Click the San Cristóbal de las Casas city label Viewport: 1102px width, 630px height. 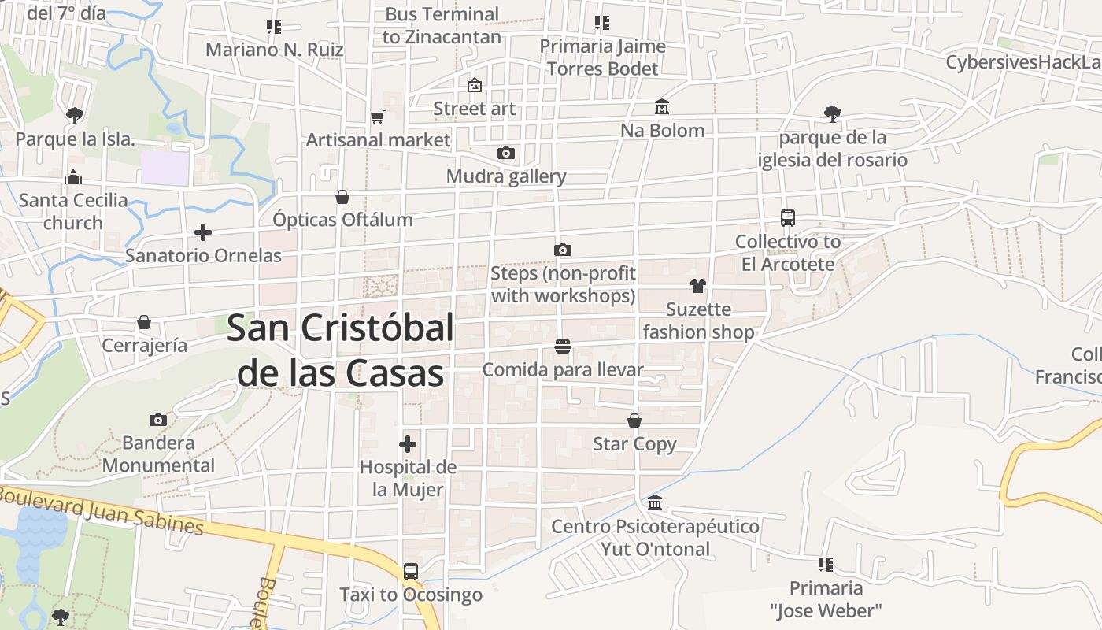click(x=340, y=350)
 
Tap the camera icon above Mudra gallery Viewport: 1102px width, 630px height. click(x=505, y=153)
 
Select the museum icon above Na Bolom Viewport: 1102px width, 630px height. click(x=662, y=106)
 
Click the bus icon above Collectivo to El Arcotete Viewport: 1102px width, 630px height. click(x=788, y=218)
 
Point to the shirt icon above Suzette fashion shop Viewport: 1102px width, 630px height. click(x=698, y=286)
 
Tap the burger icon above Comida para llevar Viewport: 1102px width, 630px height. click(x=562, y=346)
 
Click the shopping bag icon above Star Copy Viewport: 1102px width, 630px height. click(x=634, y=421)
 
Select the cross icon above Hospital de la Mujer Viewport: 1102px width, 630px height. click(x=408, y=443)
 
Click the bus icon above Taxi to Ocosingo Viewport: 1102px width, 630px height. click(x=411, y=572)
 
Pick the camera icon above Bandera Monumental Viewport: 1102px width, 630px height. click(x=158, y=420)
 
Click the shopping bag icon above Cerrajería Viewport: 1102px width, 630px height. click(x=144, y=322)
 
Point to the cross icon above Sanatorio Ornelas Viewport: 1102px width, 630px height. click(x=203, y=232)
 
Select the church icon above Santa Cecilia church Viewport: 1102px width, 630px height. click(x=73, y=177)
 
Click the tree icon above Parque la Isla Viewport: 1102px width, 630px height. click(x=75, y=116)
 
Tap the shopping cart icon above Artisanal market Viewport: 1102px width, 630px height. click(x=378, y=117)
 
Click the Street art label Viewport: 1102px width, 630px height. click(x=475, y=109)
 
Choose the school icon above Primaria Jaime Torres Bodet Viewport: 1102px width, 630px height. click(x=602, y=23)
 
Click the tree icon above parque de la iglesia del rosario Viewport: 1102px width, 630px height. click(x=833, y=114)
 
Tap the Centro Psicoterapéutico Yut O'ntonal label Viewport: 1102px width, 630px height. click(x=655, y=537)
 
